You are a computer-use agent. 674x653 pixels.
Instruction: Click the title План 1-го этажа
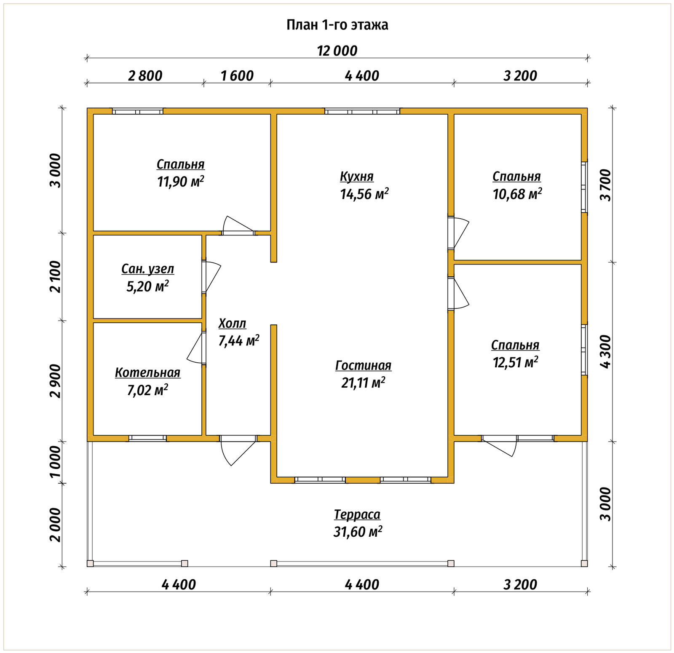click(x=337, y=25)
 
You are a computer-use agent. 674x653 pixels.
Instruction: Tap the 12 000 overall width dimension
click(x=337, y=51)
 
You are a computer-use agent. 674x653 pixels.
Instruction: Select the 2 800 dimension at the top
click(x=145, y=76)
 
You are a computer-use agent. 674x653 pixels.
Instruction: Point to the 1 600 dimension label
click(x=237, y=76)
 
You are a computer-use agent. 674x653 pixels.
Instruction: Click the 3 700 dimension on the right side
click(x=605, y=185)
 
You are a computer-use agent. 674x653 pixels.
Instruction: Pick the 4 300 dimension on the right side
click(x=605, y=352)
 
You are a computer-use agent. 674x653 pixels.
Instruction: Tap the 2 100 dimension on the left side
click(x=55, y=276)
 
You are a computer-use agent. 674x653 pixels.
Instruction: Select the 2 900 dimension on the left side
click(x=55, y=381)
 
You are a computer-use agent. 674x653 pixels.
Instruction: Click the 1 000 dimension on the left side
click(x=55, y=462)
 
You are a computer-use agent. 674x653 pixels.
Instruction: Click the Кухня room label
click(x=357, y=177)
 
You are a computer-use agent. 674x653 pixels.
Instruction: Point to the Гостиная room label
click(x=363, y=365)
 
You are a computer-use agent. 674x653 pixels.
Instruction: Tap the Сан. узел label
click(x=147, y=269)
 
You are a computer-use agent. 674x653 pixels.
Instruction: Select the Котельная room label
click(x=147, y=373)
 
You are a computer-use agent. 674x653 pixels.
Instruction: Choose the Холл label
click(x=232, y=324)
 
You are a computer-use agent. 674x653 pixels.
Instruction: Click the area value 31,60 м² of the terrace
click(x=358, y=532)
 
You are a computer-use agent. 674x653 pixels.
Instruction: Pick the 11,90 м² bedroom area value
click(x=180, y=182)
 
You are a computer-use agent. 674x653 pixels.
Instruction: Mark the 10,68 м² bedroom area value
click(x=517, y=194)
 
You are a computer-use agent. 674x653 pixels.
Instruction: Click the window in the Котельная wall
click(x=147, y=438)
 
